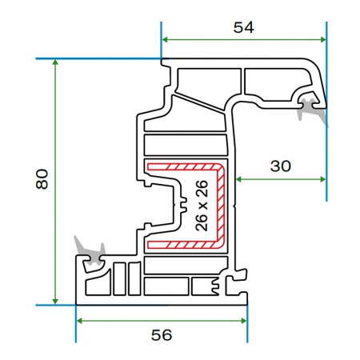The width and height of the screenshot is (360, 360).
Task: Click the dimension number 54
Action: (x=244, y=27)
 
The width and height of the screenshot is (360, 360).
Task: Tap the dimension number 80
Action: (x=42, y=179)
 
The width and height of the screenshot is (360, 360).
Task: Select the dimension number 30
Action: (x=281, y=166)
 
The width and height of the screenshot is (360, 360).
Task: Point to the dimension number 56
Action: (x=162, y=335)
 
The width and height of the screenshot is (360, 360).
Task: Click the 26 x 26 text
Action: (x=202, y=206)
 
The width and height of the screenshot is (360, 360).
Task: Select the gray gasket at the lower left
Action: (x=90, y=251)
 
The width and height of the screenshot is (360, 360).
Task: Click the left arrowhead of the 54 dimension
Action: (x=165, y=40)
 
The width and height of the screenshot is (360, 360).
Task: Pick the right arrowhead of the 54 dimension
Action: (x=322, y=40)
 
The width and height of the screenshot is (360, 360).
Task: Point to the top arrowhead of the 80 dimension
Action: (x=55, y=62)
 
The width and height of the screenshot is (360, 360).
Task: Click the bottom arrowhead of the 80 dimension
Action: (x=55, y=301)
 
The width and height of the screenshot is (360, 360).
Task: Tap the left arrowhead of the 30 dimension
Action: (x=239, y=179)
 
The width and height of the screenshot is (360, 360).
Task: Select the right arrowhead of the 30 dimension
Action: (x=322, y=179)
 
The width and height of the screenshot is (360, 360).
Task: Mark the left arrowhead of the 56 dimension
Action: (x=79, y=321)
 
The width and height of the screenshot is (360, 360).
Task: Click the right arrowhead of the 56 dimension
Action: (x=244, y=321)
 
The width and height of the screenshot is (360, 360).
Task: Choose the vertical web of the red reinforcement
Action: (x=221, y=206)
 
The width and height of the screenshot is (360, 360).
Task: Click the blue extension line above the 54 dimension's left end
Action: (x=161, y=40)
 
